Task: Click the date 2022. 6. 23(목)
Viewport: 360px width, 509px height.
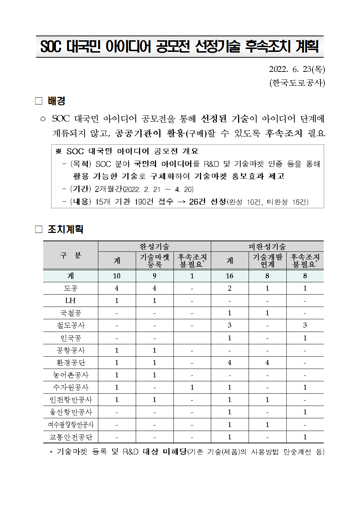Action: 297,69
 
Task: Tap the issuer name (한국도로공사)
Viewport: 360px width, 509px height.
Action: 297,83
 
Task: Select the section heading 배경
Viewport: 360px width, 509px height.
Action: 56,101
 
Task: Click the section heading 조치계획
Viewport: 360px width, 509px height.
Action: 65,229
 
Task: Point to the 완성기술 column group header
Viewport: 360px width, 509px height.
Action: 154,247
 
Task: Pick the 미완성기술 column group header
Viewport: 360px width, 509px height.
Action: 267,247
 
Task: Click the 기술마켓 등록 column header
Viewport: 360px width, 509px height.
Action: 155,260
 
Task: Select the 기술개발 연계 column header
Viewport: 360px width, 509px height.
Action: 267,260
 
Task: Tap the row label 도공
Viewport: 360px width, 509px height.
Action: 70,288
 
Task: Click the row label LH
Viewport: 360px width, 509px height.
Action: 70,301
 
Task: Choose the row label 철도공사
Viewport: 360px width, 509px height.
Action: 70,325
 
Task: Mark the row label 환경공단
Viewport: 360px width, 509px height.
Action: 70,362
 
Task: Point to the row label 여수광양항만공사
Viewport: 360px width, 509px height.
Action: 70,424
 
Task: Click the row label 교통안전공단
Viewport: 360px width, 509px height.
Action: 70,437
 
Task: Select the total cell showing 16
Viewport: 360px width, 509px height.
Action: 230,276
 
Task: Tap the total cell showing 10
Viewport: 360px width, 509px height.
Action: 116,276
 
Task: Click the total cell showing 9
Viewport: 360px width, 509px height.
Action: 155,276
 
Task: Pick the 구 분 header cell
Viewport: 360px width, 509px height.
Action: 70,255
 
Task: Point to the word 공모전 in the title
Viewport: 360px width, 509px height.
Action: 173,47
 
